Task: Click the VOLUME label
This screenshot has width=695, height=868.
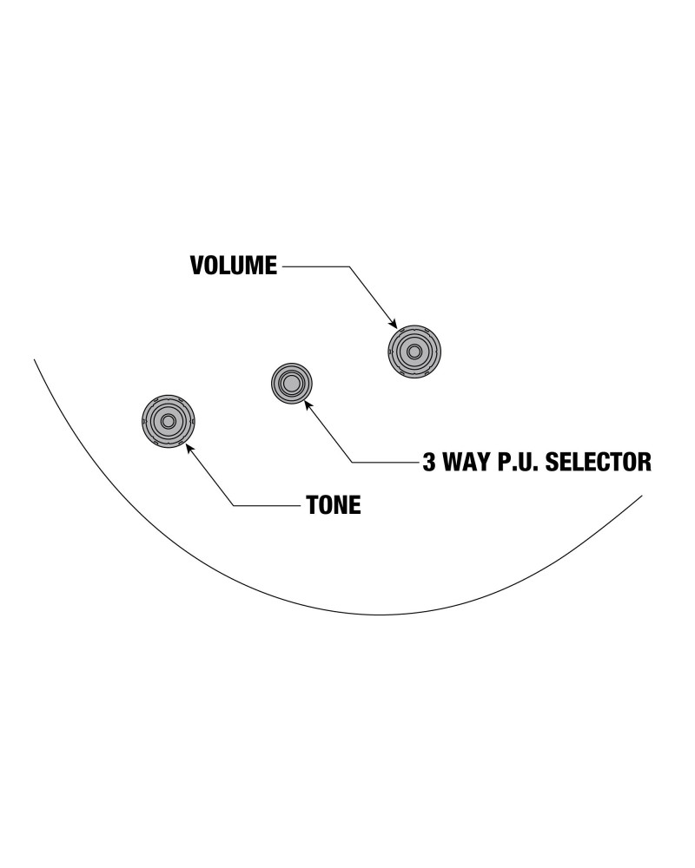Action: [x=234, y=266]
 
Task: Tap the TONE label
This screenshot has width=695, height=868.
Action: [x=334, y=505]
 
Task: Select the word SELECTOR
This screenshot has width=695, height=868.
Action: [x=599, y=462]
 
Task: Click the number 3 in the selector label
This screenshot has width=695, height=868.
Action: [x=429, y=462]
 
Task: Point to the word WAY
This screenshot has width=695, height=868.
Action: [x=467, y=462]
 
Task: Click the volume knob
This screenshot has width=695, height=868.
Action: [x=414, y=352]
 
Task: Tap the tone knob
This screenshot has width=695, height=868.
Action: [x=168, y=421]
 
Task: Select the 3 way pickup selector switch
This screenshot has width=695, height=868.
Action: [x=292, y=383]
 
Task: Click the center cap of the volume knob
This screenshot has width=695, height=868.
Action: [x=414, y=352]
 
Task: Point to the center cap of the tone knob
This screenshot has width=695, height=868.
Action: [x=168, y=421]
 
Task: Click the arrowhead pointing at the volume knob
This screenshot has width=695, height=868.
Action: [x=393, y=324]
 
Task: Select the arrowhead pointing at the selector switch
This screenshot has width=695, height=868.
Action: [x=308, y=405]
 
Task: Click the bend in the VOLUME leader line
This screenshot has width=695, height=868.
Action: [x=350, y=266]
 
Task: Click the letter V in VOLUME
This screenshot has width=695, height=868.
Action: [x=197, y=266]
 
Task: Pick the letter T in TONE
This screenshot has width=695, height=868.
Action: [x=313, y=505]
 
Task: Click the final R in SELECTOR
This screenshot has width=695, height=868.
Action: [x=645, y=462]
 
